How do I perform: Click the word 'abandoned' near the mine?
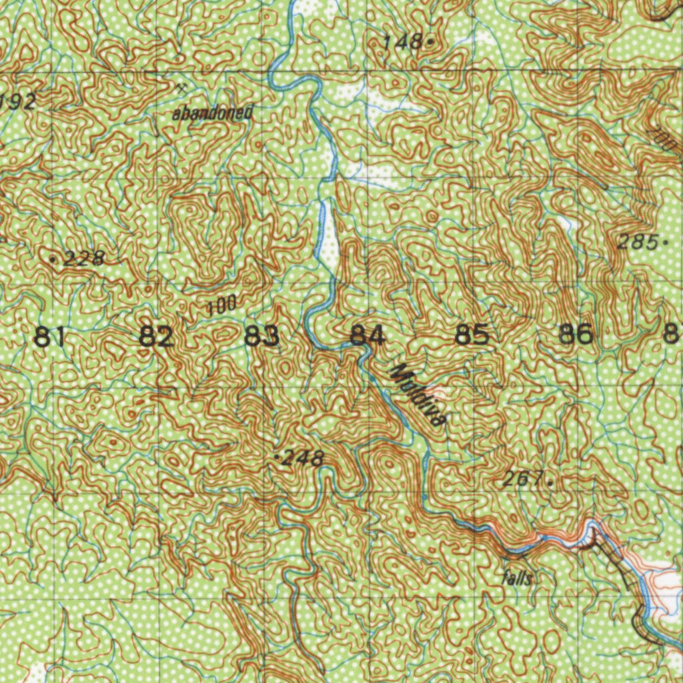click(x=212, y=113)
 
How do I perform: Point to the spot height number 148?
click(x=403, y=43)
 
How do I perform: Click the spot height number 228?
click(x=85, y=258)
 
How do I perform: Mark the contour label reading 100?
click(x=221, y=306)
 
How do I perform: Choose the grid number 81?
click(x=50, y=336)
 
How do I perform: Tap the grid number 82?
click(x=156, y=336)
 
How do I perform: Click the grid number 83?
click(x=261, y=336)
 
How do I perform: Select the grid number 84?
click(x=368, y=335)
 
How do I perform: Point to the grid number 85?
click(x=472, y=335)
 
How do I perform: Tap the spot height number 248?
click(x=303, y=458)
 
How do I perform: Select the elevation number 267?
click(x=522, y=478)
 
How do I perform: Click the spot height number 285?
click(x=636, y=243)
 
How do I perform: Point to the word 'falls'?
click(x=518, y=578)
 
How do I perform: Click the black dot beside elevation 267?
click(x=550, y=480)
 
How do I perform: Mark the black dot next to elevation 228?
click(x=53, y=257)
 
